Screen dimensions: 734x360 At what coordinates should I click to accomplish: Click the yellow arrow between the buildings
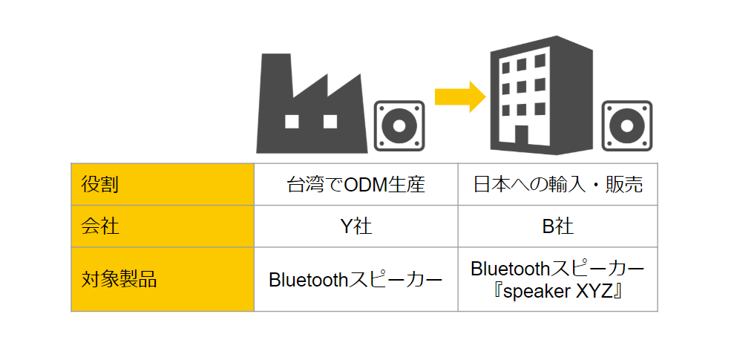(460, 97)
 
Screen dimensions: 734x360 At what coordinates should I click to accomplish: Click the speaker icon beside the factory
(399, 126)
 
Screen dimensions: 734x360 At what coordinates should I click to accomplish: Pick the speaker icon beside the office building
(627, 126)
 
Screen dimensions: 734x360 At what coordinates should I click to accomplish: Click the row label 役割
(100, 184)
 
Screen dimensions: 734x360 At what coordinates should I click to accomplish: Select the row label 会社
(100, 226)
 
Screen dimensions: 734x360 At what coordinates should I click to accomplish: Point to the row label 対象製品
(119, 280)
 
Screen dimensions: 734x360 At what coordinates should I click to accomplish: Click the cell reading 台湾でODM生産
(355, 184)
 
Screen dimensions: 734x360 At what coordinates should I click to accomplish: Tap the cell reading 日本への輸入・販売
(558, 184)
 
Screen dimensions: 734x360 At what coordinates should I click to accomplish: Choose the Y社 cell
(355, 226)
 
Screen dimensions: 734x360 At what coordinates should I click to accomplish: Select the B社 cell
(558, 226)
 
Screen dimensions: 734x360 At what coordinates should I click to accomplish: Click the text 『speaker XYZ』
(558, 291)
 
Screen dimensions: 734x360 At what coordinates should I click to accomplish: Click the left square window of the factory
(292, 122)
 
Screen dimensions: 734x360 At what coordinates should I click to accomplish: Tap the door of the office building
(522, 135)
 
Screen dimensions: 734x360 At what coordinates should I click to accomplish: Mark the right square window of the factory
(330, 122)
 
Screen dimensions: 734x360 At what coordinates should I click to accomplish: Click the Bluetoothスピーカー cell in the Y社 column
(355, 280)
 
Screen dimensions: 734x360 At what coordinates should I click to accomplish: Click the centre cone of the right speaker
(627, 126)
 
